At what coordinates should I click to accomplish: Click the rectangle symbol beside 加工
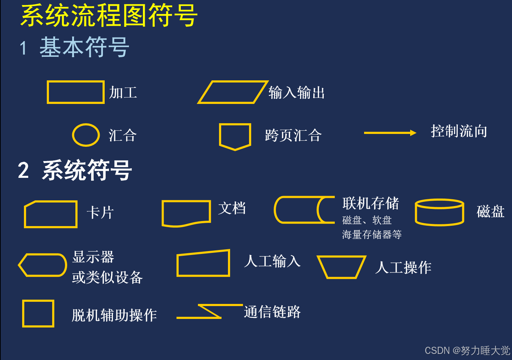(75, 92)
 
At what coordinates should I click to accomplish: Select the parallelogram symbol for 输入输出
(233, 92)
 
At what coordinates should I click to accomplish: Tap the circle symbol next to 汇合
(86, 135)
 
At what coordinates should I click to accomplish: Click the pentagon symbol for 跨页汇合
(235, 136)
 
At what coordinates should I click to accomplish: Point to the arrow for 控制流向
(390, 133)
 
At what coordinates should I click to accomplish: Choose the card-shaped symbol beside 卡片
(51, 214)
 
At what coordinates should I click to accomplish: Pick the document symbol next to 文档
(186, 213)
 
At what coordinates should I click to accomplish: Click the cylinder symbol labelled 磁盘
(439, 212)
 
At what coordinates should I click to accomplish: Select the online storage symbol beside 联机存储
(304, 210)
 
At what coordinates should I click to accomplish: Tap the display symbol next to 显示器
(43, 265)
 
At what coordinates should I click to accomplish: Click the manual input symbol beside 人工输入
(203, 264)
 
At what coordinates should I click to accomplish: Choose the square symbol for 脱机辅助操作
(38, 314)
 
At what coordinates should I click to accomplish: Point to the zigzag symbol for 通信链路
(210, 311)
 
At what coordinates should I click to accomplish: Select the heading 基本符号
(84, 47)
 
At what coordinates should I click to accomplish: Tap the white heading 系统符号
(87, 170)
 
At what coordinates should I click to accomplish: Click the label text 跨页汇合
(293, 136)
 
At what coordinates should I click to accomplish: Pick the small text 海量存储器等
(372, 235)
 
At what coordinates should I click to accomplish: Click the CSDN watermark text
(467, 350)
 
